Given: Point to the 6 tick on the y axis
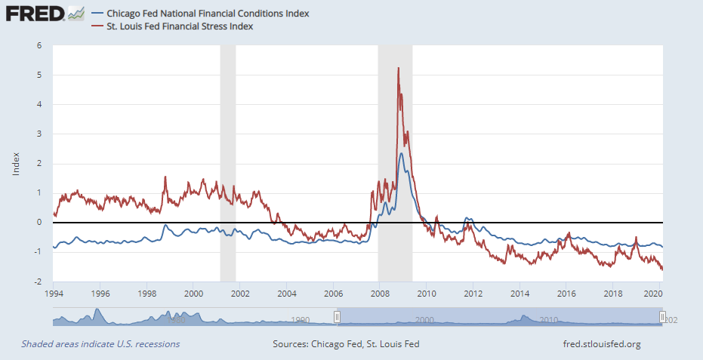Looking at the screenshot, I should click(39, 45).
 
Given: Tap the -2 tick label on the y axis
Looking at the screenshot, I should click(37, 282).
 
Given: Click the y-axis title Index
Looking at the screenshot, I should click(16, 164).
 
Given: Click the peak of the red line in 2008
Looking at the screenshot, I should click(398, 69).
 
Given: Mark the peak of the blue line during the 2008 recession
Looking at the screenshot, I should click(401, 154).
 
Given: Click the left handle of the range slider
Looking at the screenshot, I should click(338, 317).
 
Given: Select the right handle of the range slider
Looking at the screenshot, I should click(662, 317).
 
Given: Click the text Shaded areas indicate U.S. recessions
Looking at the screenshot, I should click(100, 344).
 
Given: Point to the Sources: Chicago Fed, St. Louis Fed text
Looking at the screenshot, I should click(346, 344).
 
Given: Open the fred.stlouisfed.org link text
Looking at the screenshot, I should click(602, 344).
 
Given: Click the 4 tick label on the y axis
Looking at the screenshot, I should click(39, 104).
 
